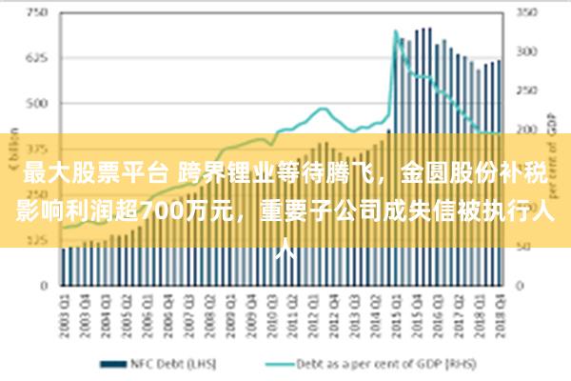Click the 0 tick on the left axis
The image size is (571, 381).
point(43,285)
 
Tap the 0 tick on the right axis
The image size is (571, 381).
point(522,285)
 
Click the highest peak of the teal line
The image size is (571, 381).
point(395,31)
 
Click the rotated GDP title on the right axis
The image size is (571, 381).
point(552,124)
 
